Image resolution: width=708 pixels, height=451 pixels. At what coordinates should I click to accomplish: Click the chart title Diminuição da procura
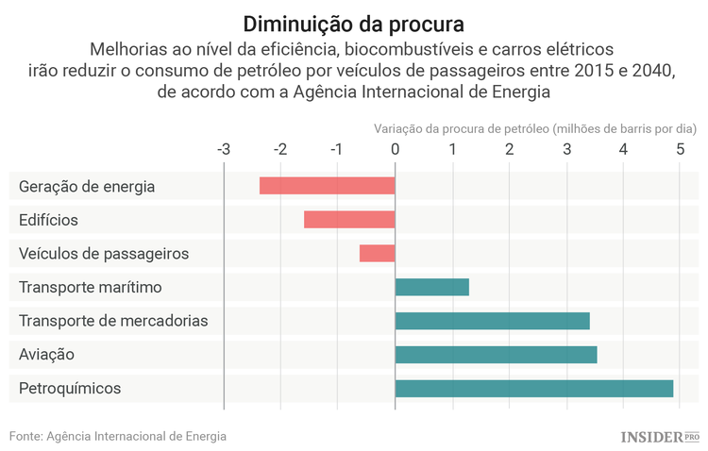[x=354, y=22]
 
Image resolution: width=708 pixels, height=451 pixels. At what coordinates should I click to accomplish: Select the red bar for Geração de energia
[x=327, y=186]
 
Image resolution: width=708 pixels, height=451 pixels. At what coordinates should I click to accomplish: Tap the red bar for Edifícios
[x=349, y=220]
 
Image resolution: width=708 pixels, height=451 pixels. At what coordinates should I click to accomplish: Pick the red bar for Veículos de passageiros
[x=377, y=254]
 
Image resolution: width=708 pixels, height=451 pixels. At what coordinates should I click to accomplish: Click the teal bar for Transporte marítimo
[x=431, y=287]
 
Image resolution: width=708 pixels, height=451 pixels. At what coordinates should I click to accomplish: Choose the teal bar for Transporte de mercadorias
[x=492, y=321]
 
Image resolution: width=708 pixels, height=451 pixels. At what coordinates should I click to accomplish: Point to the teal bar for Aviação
[x=496, y=355]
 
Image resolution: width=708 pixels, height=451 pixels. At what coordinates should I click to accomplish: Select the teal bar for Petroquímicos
[x=533, y=388]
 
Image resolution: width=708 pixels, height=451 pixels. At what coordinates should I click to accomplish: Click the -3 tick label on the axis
[x=224, y=149]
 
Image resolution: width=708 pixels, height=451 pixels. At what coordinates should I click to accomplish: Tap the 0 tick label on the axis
[x=395, y=149]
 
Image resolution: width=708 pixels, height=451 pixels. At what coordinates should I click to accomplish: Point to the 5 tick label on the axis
[x=681, y=149]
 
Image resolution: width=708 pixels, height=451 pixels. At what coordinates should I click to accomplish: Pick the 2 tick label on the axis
[x=509, y=149]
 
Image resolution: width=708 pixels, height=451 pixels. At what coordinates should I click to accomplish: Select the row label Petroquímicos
[x=70, y=389]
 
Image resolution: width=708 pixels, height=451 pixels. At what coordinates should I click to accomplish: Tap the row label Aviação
[x=46, y=355]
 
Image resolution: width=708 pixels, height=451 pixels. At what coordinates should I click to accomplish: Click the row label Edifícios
[x=48, y=220]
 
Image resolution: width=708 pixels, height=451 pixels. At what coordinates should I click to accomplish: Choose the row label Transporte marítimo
[x=91, y=287]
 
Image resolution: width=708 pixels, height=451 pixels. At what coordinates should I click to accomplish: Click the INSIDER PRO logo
[x=660, y=437]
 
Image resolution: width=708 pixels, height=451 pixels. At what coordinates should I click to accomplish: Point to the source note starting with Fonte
[x=118, y=436]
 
